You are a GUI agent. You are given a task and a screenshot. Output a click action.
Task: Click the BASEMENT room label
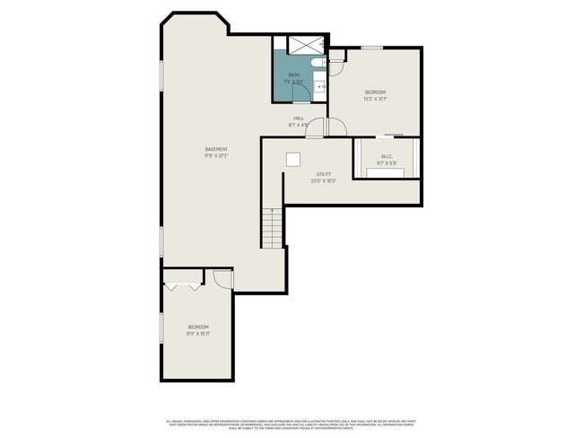[x=216, y=149]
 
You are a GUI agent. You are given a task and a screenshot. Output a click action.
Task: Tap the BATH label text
[x=294, y=75]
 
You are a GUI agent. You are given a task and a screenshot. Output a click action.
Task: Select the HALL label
[x=299, y=118]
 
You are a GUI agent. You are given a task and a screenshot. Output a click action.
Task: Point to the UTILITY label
[x=324, y=174]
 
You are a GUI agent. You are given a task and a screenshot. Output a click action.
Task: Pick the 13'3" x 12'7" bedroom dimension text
[x=375, y=100]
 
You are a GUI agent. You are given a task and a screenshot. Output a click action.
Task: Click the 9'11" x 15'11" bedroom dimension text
[x=198, y=333]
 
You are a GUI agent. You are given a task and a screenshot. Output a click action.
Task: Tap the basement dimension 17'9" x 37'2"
[x=216, y=156]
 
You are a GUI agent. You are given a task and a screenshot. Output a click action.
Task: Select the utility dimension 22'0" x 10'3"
[x=324, y=181]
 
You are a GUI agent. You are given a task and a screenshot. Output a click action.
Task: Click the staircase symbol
[x=273, y=228]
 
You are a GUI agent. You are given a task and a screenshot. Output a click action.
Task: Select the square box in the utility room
[x=292, y=159]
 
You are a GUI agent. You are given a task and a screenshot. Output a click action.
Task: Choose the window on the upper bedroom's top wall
[x=372, y=47]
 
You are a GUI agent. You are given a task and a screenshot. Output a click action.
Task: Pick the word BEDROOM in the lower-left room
[x=198, y=326]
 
